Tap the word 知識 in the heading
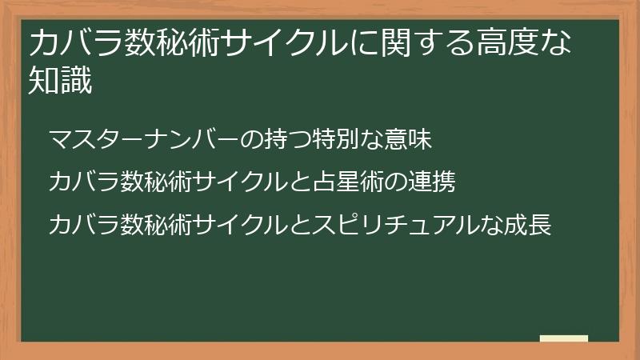point(60,81)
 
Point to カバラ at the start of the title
point(71,44)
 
